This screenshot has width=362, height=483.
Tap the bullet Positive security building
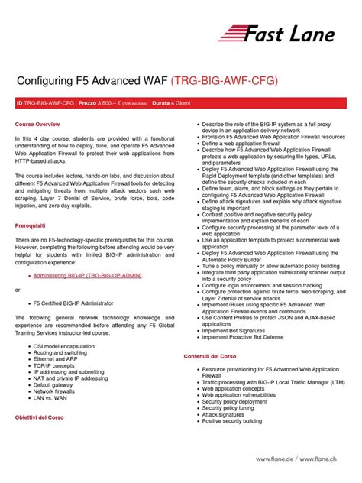[x=237, y=420]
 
